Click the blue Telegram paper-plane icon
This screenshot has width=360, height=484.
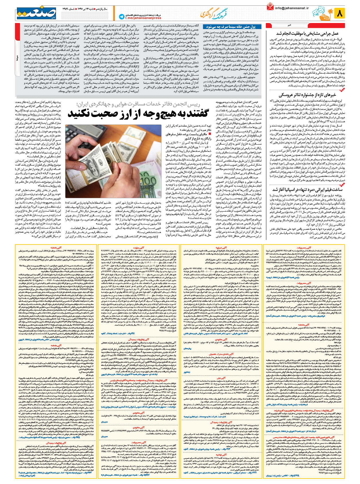point(121,17)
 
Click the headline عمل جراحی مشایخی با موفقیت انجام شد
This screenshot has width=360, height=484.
point(307,34)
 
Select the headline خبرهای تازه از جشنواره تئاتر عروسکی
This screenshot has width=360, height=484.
point(307,95)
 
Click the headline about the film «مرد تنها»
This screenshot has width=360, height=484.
point(307,190)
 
